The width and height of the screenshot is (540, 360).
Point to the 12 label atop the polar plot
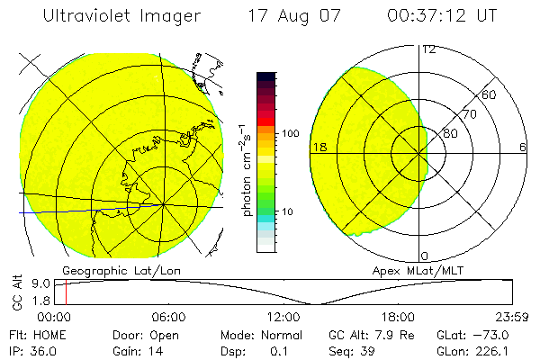(428, 49)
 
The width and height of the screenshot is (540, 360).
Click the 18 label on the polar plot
(319, 147)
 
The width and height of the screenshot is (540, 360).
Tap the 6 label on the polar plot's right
(523, 147)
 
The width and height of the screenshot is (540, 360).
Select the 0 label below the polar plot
(425, 256)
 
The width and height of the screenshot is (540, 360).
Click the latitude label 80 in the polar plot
(450, 133)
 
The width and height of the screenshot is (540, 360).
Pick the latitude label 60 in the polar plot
(490, 94)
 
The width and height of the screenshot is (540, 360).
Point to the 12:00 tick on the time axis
(283, 317)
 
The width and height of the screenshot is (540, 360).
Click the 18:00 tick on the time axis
(398, 317)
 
